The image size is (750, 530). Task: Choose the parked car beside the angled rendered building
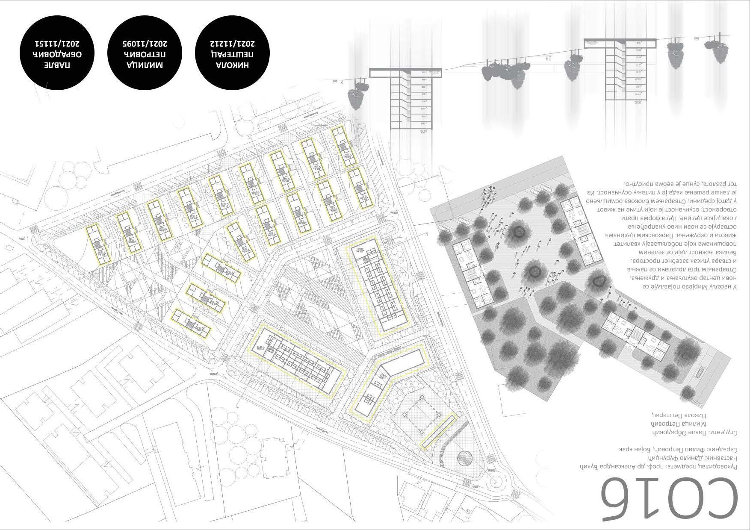(698, 372)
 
